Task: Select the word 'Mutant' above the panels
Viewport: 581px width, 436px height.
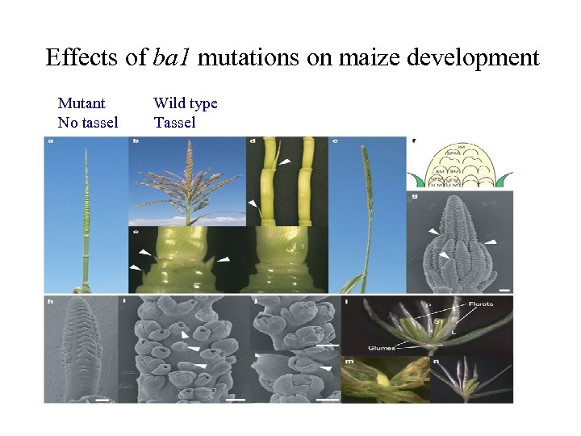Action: click(82, 103)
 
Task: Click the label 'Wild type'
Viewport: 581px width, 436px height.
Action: click(186, 103)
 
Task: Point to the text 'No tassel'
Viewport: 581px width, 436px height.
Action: click(88, 123)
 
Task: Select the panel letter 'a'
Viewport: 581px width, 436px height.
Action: click(52, 143)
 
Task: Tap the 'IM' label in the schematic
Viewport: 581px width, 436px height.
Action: click(461, 147)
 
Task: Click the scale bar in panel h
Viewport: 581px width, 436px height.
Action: click(102, 397)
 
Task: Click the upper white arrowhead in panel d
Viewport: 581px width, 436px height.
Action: click(286, 163)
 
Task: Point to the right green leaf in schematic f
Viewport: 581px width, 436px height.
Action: click(504, 179)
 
